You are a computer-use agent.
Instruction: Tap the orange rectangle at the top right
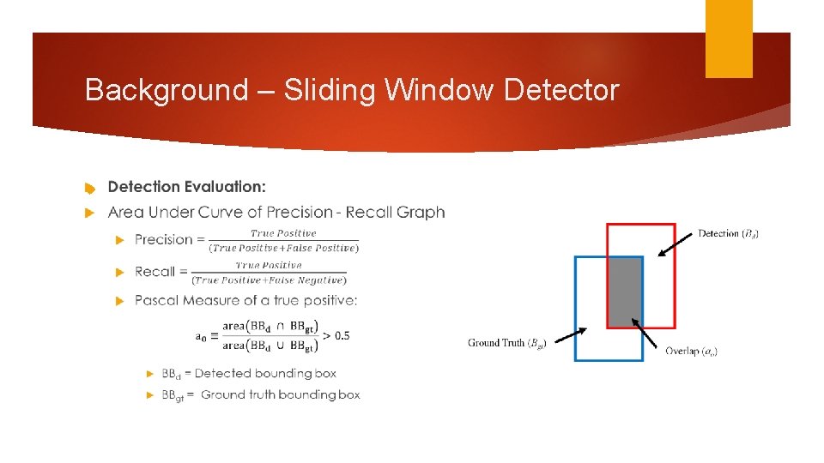[729, 39]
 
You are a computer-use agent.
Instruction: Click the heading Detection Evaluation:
[187, 187]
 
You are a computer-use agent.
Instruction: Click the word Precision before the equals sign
[164, 240]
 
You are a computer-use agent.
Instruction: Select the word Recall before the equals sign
[155, 272]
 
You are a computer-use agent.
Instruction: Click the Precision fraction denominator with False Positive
[284, 248]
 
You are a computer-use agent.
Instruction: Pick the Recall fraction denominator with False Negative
[270, 280]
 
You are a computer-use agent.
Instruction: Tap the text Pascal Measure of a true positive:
[246, 300]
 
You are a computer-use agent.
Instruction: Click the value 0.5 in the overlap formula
[341, 335]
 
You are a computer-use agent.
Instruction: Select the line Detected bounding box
[249, 373]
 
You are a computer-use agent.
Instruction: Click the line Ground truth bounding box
[261, 395]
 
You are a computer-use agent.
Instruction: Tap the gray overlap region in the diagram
[625, 292]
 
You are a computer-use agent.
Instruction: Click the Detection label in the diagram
[728, 233]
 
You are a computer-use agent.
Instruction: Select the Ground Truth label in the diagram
[506, 343]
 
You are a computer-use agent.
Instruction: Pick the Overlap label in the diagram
[692, 351]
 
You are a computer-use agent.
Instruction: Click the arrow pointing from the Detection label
[676, 242]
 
